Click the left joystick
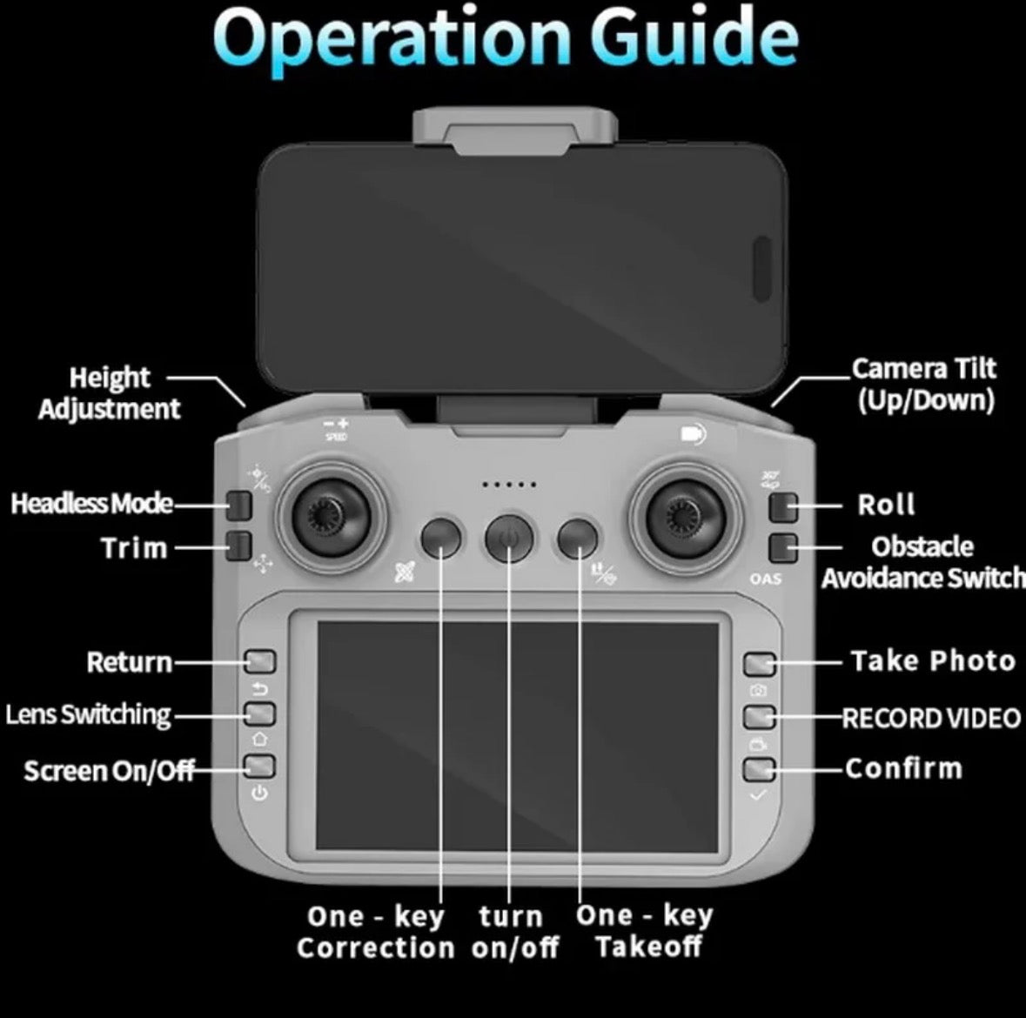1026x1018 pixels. pyautogui.click(x=331, y=516)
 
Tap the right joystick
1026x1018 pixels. pyautogui.click(x=686, y=516)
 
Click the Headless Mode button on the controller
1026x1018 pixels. pyautogui.click(x=240, y=505)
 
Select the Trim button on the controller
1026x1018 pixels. pyautogui.click(x=240, y=546)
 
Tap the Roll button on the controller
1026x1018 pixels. pyautogui.click(x=783, y=507)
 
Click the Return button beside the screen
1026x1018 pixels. pyautogui.click(x=260, y=661)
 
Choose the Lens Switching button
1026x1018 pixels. pyautogui.click(x=260, y=713)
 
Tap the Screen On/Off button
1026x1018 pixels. pyautogui.click(x=260, y=767)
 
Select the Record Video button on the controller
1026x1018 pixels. pyautogui.click(x=760, y=717)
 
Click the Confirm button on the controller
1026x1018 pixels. pyautogui.click(x=760, y=769)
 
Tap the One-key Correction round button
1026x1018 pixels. pyautogui.click(x=441, y=539)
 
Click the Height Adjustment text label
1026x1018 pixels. pyautogui.click(x=110, y=392)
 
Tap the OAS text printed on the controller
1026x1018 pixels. pyautogui.click(x=766, y=579)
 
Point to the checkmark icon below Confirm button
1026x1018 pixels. pyautogui.click(x=758, y=795)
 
